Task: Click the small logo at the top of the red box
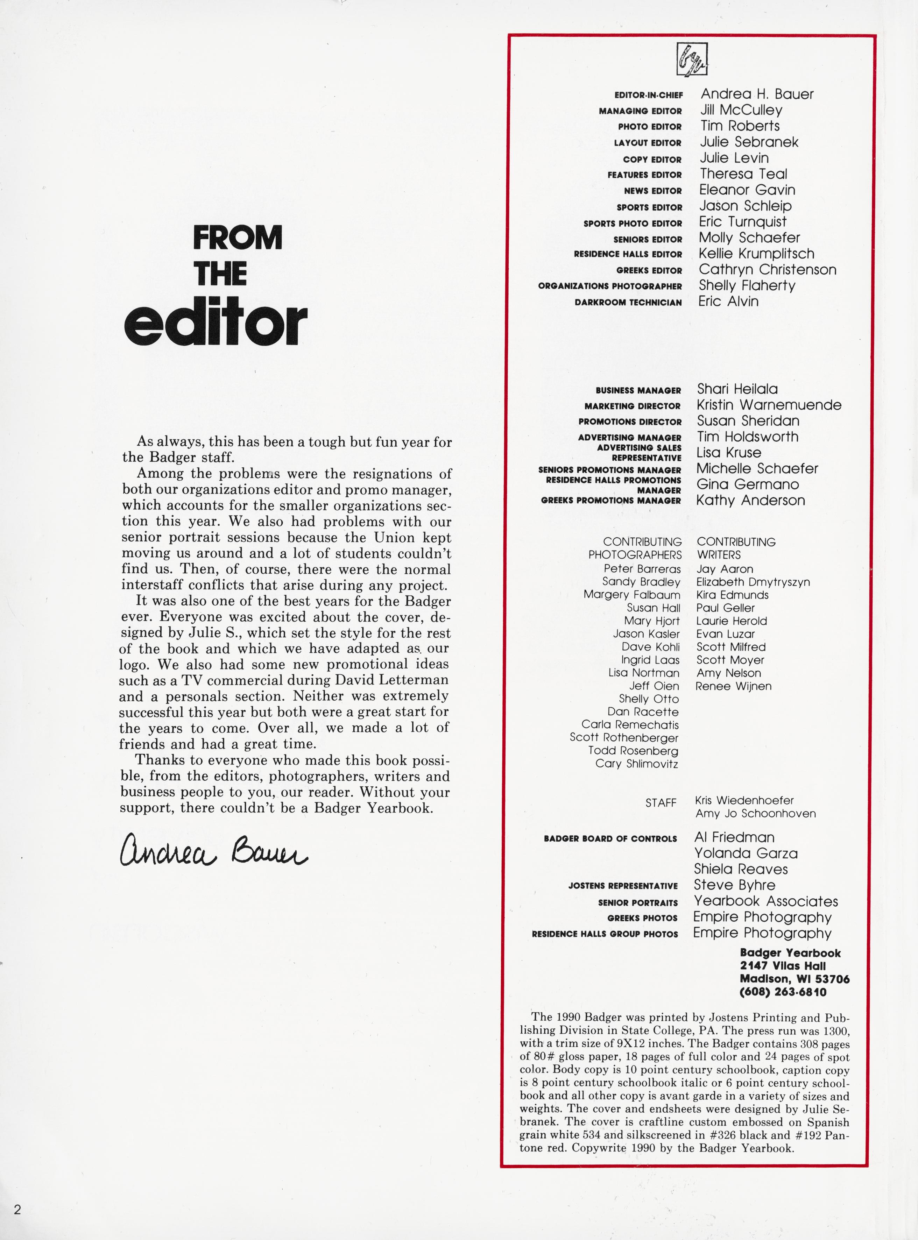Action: (692, 59)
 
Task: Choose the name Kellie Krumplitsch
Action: (756, 253)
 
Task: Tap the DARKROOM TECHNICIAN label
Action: (628, 302)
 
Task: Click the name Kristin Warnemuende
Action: (769, 405)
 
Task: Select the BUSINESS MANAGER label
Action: (638, 391)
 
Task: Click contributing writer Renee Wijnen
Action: (734, 686)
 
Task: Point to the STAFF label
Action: (661, 803)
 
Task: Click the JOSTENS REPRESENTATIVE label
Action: (623, 886)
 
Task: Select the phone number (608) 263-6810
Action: (782, 992)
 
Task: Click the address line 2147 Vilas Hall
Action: (782, 966)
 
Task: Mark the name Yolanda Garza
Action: (745, 853)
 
